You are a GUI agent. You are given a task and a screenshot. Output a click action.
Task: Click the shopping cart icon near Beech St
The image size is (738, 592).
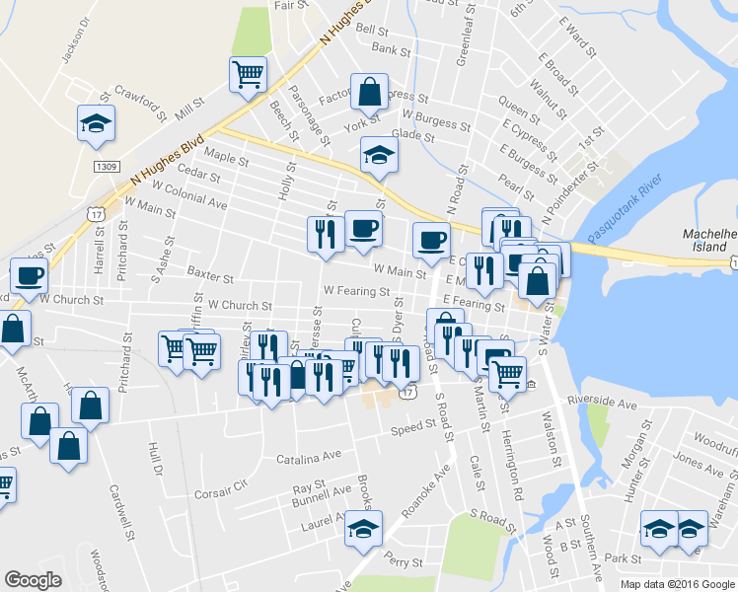pos(248,73)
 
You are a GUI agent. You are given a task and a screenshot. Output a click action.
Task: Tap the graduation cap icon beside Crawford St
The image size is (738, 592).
pos(97,123)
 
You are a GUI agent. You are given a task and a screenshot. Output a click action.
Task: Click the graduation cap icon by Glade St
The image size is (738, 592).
pos(377,155)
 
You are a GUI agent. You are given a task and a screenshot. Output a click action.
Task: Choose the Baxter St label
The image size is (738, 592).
pos(209,280)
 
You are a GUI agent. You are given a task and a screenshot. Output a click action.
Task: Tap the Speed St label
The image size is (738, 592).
pos(412,427)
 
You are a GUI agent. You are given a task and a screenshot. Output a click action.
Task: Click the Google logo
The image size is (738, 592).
pos(34,580)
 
